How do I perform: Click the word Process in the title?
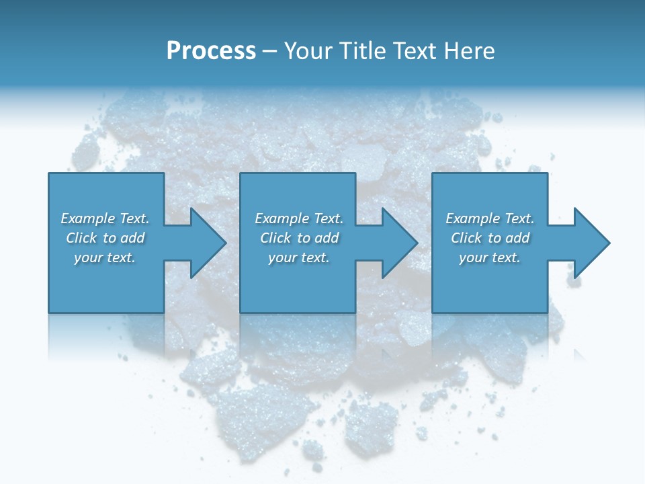pyautogui.click(x=211, y=51)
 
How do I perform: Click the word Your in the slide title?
pyautogui.click(x=308, y=51)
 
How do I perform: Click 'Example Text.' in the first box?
pyautogui.click(x=105, y=218)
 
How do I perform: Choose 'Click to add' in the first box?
pyautogui.click(x=105, y=238)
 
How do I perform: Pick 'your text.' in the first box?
pyautogui.click(x=105, y=257)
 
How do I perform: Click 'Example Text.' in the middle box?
pyautogui.click(x=299, y=218)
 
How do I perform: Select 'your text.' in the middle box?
pyautogui.click(x=299, y=257)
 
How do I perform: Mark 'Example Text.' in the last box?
pyautogui.click(x=490, y=218)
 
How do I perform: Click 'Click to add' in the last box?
pyautogui.click(x=490, y=238)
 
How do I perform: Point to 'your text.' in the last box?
pyautogui.click(x=490, y=257)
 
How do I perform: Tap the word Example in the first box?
pyautogui.click(x=88, y=218)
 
